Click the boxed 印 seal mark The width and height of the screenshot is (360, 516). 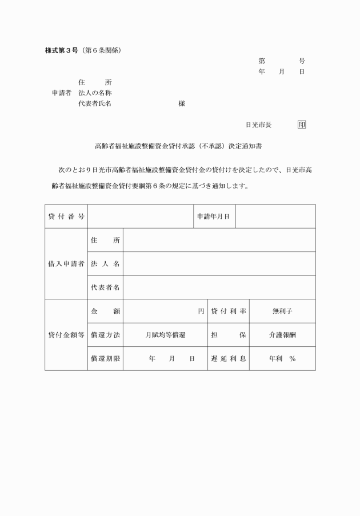tap(301, 124)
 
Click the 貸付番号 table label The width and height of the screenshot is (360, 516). tap(66, 217)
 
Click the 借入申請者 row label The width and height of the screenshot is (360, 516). tap(66, 264)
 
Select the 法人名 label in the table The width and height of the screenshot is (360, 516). tap(105, 264)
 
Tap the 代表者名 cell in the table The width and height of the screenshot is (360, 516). tap(105, 287)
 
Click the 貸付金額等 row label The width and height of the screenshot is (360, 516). tap(66, 335)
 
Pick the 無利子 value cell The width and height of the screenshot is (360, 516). tap(282, 311)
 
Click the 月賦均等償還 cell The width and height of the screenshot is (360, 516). tap(165, 335)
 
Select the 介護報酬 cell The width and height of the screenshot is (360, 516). tap(282, 335)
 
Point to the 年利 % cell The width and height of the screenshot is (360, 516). tap(282, 359)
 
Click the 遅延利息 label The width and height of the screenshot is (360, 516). tap(229, 359)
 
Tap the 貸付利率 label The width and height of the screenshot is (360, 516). tap(229, 311)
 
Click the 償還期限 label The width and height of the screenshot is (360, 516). tap(105, 359)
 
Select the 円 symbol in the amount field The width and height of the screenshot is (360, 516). tap(201, 311)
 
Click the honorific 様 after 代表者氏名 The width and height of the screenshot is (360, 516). tap(181, 104)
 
